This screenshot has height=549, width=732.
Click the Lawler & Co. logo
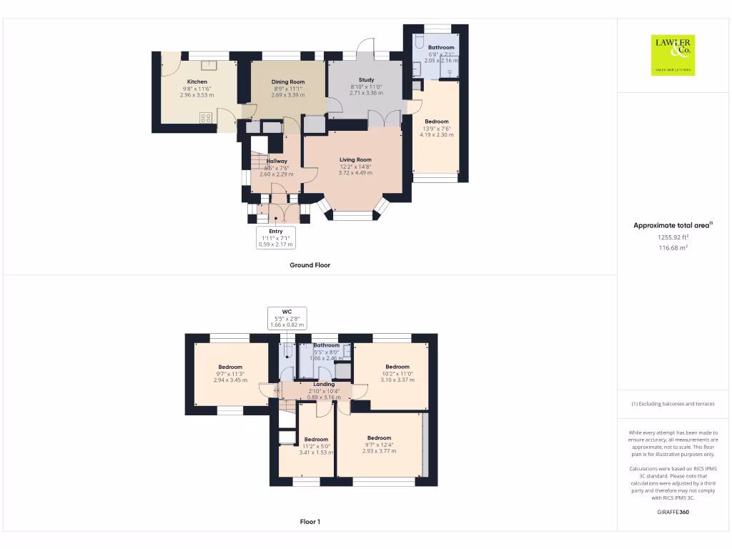pos(673,55)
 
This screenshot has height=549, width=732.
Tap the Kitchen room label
pos(197,82)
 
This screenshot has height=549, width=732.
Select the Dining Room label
pos(287,82)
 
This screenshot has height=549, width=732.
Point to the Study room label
pos(366,80)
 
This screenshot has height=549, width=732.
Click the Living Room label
pos(355,160)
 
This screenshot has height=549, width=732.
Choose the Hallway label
pos(277,162)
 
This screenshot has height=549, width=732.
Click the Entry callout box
pos(276,237)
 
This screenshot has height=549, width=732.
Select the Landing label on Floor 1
pos(324,385)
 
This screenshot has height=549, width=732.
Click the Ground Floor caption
pos(310,265)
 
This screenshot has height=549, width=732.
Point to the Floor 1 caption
pos(310,522)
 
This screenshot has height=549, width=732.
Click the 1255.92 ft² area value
pos(672,237)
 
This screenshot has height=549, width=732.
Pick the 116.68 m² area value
pos(672,247)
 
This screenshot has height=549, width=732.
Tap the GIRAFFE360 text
pos(672,512)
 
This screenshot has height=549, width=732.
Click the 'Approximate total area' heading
pos(672,225)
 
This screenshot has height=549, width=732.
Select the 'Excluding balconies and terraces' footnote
pos(672,404)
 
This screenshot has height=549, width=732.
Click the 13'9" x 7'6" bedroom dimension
pos(437,129)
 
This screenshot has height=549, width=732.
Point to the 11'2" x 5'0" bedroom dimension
pos(316,446)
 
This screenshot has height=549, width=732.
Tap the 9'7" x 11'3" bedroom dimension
pos(230,374)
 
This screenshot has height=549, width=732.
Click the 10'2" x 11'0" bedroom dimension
pos(397,374)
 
